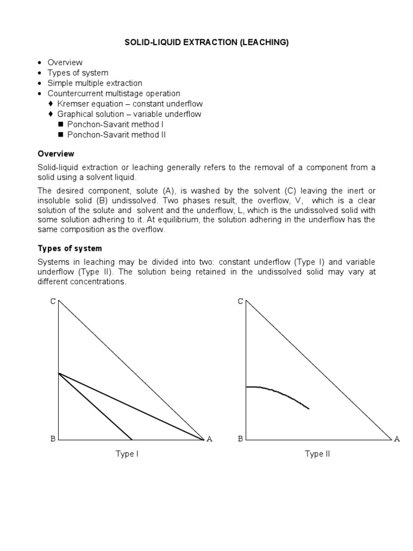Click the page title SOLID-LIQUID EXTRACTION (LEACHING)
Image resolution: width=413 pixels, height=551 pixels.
pyautogui.click(x=206, y=43)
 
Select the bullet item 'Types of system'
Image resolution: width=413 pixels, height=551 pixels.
pyautogui.click(x=77, y=73)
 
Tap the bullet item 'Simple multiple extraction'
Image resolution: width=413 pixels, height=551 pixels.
pyautogui.click(x=95, y=83)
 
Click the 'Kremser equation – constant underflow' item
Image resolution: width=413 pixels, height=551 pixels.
pyautogui.click(x=130, y=103)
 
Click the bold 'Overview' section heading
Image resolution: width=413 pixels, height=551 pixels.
pyautogui.click(x=56, y=154)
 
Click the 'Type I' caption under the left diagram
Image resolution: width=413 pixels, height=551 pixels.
pyautogui.click(x=127, y=454)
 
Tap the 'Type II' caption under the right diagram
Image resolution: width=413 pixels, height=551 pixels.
pyautogui.click(x=317, y=454)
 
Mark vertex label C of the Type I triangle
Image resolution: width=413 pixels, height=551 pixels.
pyautogui.click(x=53, y=301)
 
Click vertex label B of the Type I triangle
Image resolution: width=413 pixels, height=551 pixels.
pyautogui.click(x=53, y=439)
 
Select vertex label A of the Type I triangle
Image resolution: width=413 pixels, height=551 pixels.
pyautogui.click(x=209, y=439)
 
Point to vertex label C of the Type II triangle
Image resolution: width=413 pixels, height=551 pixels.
pyautogui.click(x=240, y=301)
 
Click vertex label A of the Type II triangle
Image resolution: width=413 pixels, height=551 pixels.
pyautogui.click(x=397, y=439)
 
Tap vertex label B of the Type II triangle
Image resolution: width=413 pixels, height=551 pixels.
pyautogui.click(x=240, y=439)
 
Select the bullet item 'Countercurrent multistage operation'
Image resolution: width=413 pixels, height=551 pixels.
pyautogui.click(x=114, y=93)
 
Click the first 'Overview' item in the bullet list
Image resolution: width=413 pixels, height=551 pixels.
pyautogui.click(x=65, y=62)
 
